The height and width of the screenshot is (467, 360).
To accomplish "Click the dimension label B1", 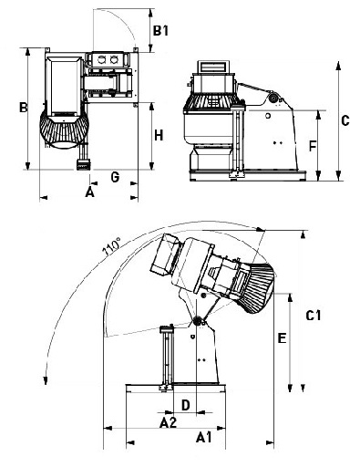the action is point(160,31).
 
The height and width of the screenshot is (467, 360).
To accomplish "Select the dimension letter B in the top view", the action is point(24,108).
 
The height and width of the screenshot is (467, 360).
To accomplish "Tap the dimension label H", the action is point(159,135).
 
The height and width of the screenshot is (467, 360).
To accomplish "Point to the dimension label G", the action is point(115,177).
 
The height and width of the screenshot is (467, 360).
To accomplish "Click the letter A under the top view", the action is point(89,192).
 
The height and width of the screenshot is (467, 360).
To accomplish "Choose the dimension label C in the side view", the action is point(345,120).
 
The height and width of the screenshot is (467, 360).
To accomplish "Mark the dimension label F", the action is point(313,146).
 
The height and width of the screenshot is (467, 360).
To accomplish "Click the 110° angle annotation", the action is point(112,247).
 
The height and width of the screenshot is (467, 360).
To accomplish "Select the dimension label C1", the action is point(314,316).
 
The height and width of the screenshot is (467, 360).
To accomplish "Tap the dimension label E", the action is point(283,338).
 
